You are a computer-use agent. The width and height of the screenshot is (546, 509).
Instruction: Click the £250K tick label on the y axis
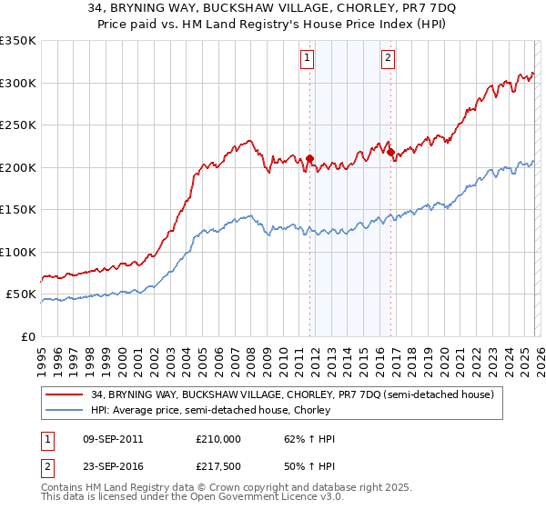point(18,125)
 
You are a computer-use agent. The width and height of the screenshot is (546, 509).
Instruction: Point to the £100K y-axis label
point(18,252)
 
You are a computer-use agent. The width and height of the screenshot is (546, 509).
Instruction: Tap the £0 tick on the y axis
point(27,336)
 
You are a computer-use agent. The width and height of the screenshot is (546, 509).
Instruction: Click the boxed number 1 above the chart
point(308,58)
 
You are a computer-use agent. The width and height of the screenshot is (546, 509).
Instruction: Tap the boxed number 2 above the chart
point(389,58)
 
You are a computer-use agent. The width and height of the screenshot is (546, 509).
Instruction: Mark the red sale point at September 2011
point(309,159)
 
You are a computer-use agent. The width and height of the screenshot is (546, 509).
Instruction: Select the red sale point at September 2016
point(390,153)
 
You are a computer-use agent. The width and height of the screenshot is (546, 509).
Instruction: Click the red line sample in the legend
point(66,394)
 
